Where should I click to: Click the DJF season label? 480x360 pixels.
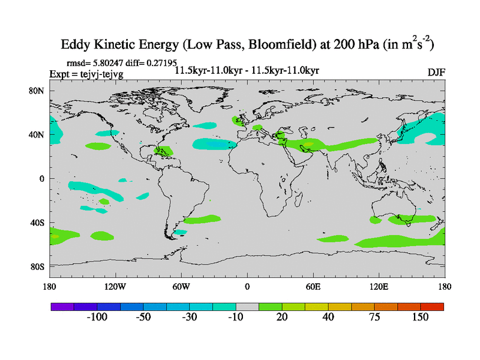point(436,72)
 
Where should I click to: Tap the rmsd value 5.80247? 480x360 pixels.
point(106,62)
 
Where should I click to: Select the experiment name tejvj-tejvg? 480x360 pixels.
point(97,73)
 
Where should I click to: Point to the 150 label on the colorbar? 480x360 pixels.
point(420,317)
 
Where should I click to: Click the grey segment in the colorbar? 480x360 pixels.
point(247,306)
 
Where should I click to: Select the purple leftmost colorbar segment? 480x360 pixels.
point(62,306)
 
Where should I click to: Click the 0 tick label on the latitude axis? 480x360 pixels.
point(42,179)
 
